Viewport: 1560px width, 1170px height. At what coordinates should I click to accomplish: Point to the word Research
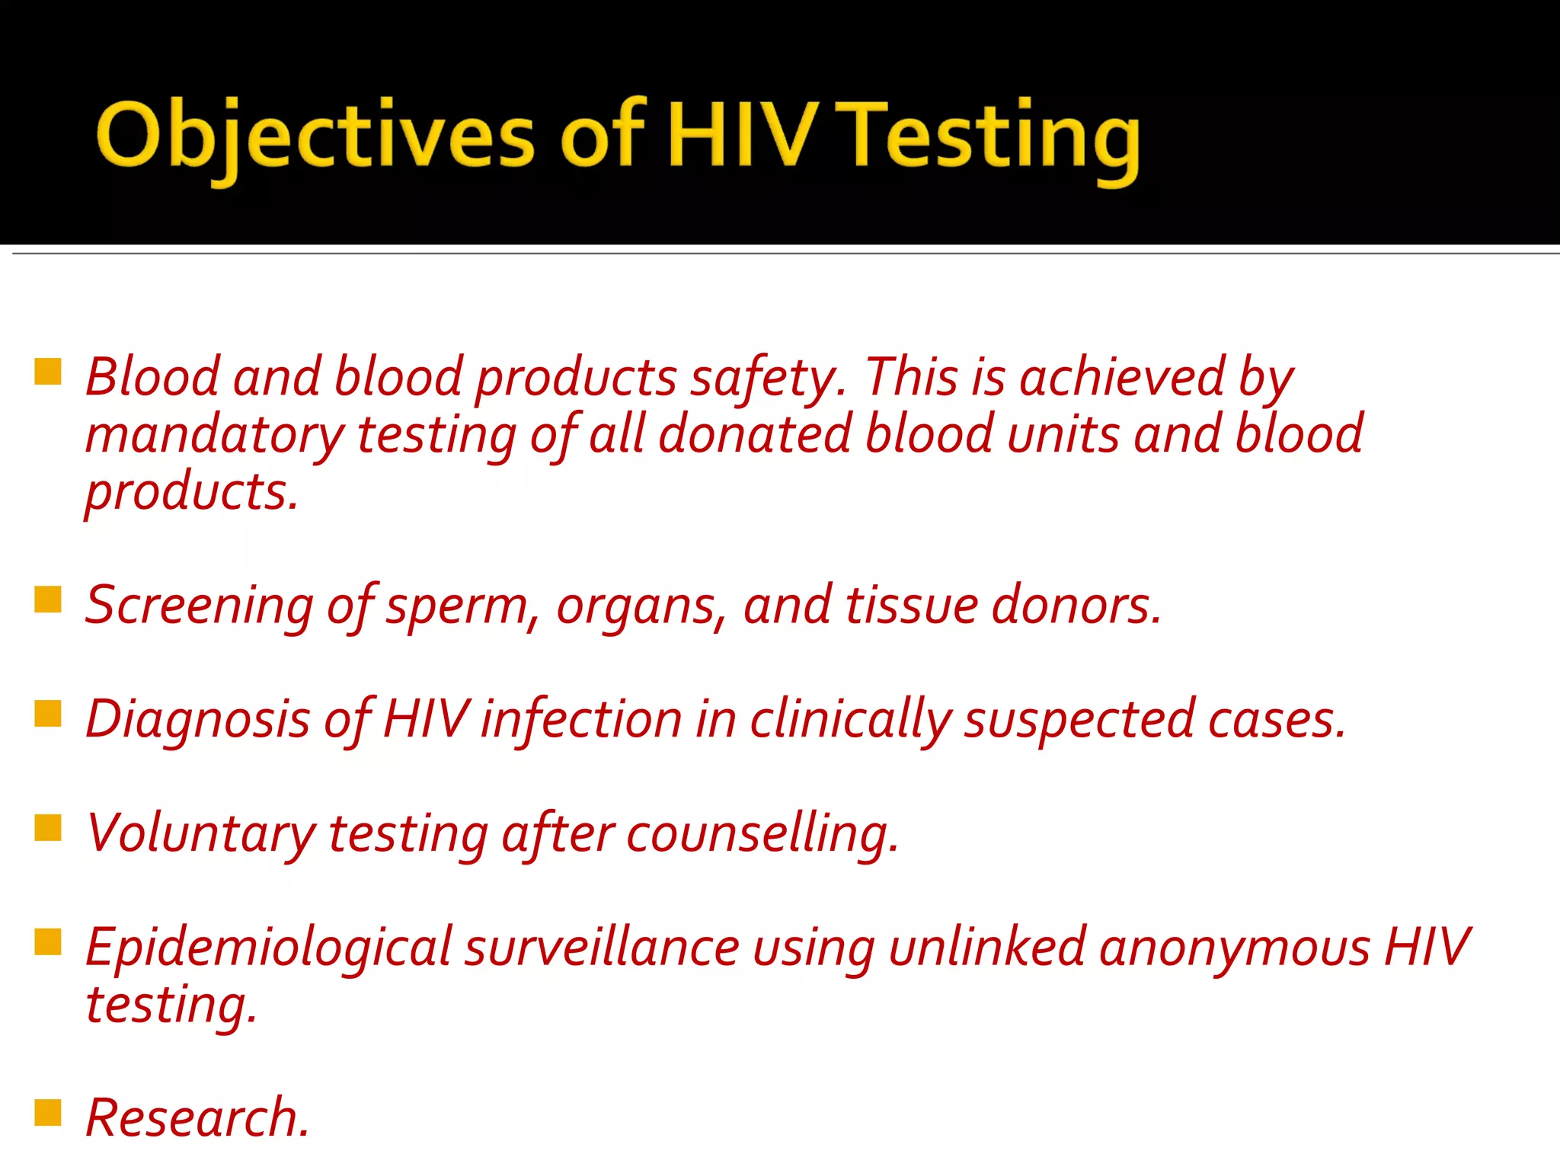197,1117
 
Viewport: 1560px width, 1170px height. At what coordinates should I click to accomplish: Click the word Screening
199,606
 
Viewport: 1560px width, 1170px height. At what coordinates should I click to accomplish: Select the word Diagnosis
197,721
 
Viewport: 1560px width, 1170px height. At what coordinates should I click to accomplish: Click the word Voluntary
200,834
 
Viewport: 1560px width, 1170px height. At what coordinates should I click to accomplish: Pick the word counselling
762,834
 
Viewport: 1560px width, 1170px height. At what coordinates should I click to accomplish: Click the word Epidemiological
269,948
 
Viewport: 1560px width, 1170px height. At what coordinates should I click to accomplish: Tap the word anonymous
1234,948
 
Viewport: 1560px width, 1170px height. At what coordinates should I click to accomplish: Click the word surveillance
602,948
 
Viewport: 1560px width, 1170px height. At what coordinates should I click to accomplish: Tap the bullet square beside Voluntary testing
48,827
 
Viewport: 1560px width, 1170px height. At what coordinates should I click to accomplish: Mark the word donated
755,434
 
